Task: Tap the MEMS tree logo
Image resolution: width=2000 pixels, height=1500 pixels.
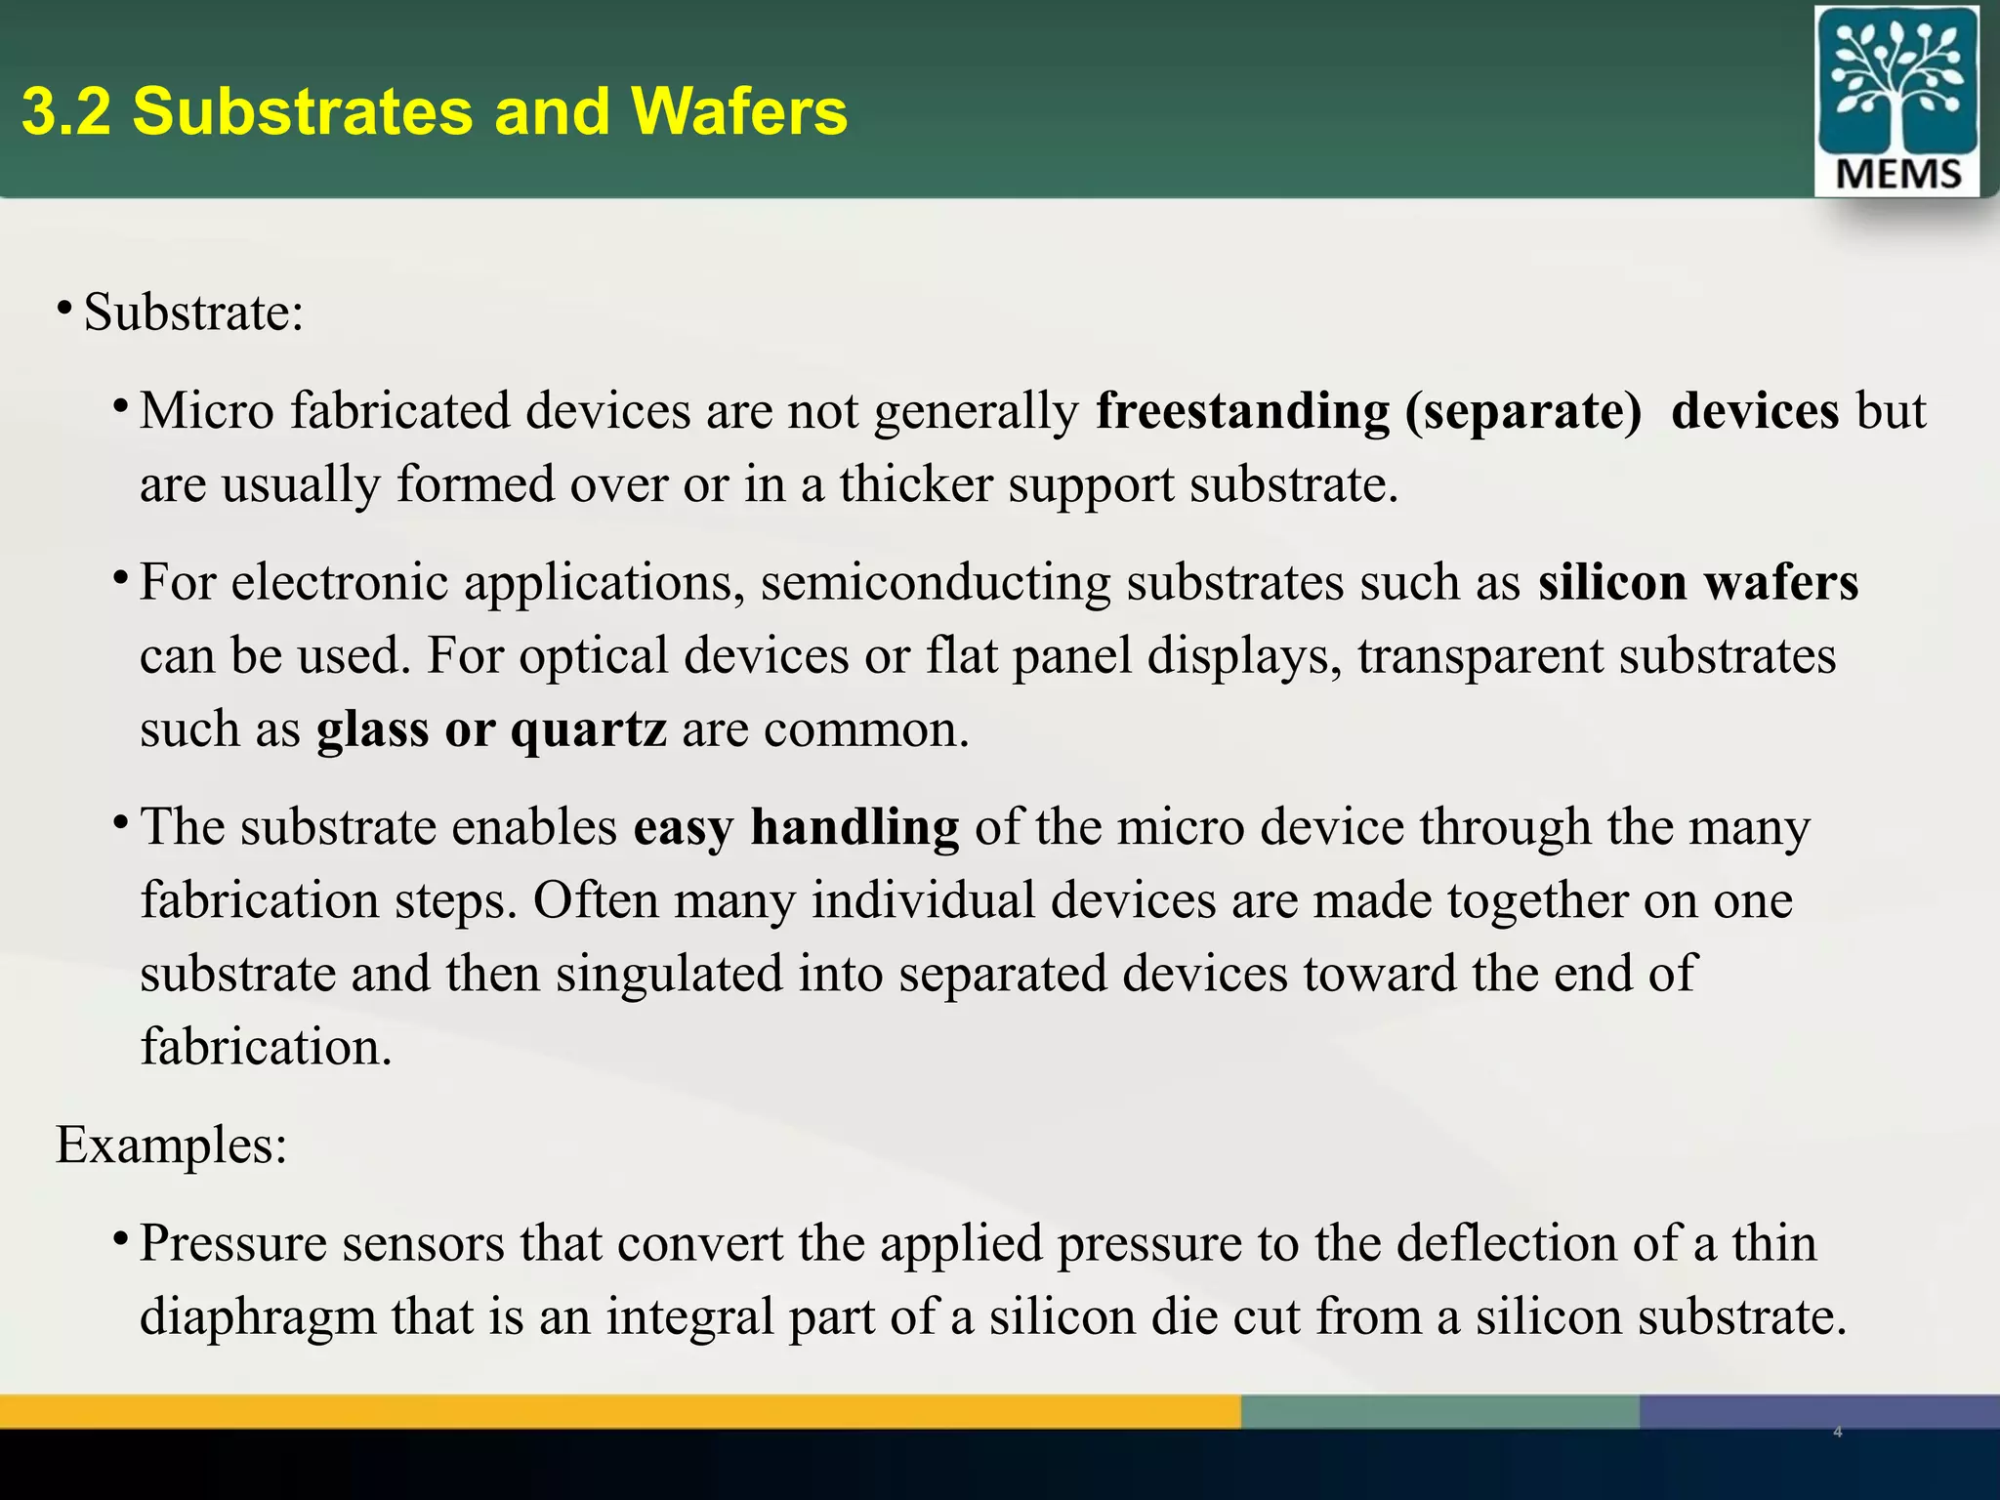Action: (x=1896, y=101)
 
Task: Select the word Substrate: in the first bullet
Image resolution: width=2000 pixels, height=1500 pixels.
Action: (x=194, y=313)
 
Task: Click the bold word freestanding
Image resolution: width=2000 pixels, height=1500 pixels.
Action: (x=1242, y=411)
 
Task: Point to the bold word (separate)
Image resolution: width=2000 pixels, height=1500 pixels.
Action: (x=1523, y=411)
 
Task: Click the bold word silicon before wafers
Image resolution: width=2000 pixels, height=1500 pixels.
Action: (x=1612, y=583)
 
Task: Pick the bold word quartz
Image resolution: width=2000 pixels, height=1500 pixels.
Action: (x=589, y=729)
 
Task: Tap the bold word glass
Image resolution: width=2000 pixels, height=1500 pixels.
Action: (x=373, y=729)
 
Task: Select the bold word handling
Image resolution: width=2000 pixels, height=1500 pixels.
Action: (x=854, y=828)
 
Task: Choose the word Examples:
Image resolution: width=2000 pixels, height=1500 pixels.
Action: (x=172, y=1145)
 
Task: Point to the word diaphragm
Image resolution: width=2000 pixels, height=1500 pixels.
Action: (x=258, y=1317)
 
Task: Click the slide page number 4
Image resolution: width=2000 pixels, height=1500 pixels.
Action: (x=1838, y=1433)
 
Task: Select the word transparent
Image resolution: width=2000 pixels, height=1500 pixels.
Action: (x=1480, y=656)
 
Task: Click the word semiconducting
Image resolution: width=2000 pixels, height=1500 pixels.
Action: (x=935, y=583)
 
